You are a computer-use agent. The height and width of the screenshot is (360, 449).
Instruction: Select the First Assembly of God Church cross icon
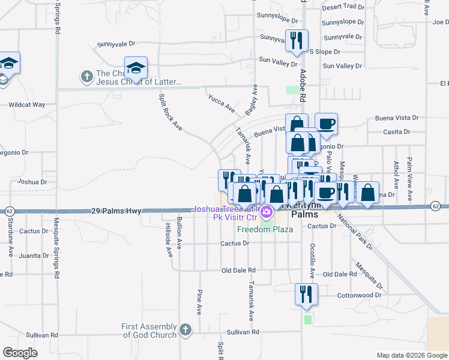pos(185,329)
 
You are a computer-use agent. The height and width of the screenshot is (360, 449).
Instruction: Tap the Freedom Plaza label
pos(265,229)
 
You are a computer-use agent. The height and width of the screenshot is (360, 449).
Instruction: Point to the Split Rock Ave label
pos(170,112)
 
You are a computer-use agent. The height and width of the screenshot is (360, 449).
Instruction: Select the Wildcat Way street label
pos(26,104)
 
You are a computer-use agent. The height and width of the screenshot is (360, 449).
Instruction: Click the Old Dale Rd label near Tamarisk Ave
pos(238,271)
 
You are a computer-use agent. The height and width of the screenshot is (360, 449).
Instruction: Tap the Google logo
pos(20,353)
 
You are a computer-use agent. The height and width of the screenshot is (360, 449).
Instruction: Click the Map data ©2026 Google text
pos(411,355)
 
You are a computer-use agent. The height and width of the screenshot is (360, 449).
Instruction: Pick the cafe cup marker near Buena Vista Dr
pos(326,124)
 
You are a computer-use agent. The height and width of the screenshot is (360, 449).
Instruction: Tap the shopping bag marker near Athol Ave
pos(368,193)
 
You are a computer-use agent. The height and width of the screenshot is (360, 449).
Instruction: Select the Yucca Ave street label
pos(221,103)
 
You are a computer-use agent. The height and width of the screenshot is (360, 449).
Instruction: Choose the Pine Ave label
pos(199,302)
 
